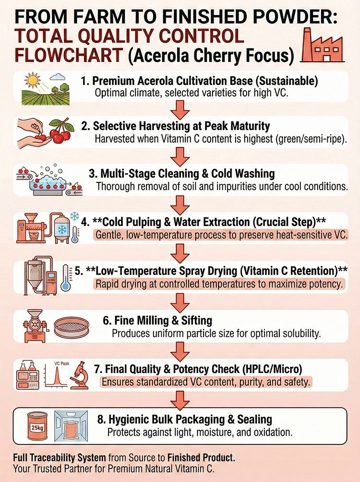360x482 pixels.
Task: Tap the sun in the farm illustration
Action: [x=33, y=81]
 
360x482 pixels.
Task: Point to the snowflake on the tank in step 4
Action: [x=62, y=229]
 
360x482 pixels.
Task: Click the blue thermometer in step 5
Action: [x=65, y=277]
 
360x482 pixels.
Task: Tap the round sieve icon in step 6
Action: [x=72, y=327]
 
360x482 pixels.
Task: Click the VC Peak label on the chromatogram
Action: [x=62, y=363]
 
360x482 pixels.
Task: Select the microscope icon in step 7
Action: [x=80, y=375]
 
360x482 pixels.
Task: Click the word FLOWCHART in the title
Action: [x=69, y=55]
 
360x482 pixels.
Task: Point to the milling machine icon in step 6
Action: [x=35, y=326]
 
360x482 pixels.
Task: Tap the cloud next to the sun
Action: [x=58, y=76]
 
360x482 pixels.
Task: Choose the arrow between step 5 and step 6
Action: [x=180, y=303]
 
